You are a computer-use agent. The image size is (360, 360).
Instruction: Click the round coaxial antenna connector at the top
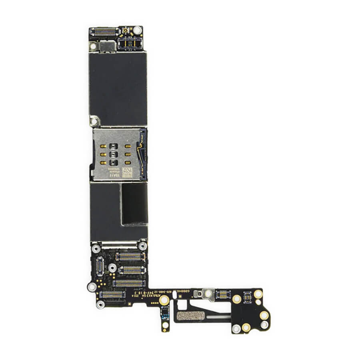click(126, 30)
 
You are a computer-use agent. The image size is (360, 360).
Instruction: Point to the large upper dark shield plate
click(118, 88)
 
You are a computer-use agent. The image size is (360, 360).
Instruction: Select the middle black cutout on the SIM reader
click(114, 154)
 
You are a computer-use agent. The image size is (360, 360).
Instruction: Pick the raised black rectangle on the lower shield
click(134, 204)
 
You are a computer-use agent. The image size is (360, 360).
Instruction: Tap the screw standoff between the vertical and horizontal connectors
click(113, 267)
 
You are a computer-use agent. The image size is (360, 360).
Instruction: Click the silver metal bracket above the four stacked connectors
click(119, 244)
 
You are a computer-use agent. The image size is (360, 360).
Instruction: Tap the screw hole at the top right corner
click(137, 30)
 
